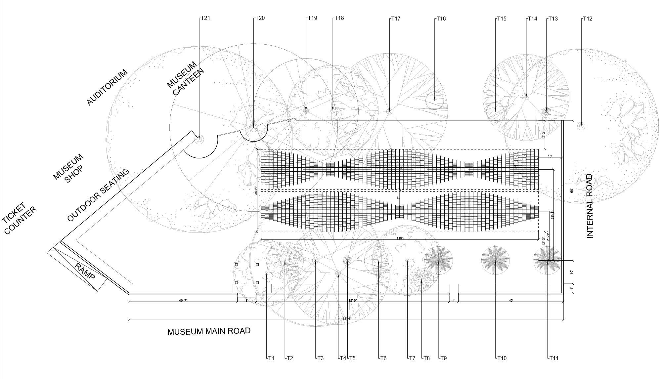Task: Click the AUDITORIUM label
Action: point(107,87)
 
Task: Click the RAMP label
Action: point(85,271)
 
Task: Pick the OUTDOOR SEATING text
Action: point(98,195)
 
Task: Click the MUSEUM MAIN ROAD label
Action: point(209,331)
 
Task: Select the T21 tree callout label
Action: point(205,18)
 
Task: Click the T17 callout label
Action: point(396,19)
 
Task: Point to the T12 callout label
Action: point(587,19)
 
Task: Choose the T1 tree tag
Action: point(271,358)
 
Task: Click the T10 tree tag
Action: point(502,358)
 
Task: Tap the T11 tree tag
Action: point(553,358)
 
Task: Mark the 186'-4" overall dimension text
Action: point(346,319)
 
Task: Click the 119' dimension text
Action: point(400,238)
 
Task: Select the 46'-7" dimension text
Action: point(183,300)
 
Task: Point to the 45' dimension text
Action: point(511,300)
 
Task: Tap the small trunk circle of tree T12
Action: point(581,126)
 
